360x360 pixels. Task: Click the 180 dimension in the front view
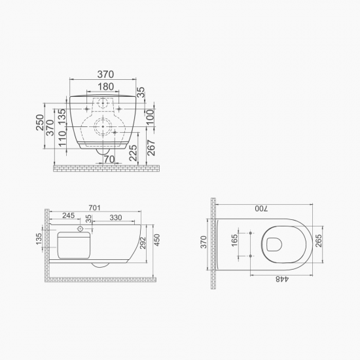106,86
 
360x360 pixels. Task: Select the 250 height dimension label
40,122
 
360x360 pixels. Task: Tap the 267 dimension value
151,148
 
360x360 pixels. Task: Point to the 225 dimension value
133,153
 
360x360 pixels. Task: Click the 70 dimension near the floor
109,159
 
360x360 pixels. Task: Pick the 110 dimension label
62,139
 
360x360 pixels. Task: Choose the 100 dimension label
150,117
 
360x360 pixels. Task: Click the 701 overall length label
95,207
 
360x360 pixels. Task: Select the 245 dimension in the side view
69,215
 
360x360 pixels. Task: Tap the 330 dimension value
115,217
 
